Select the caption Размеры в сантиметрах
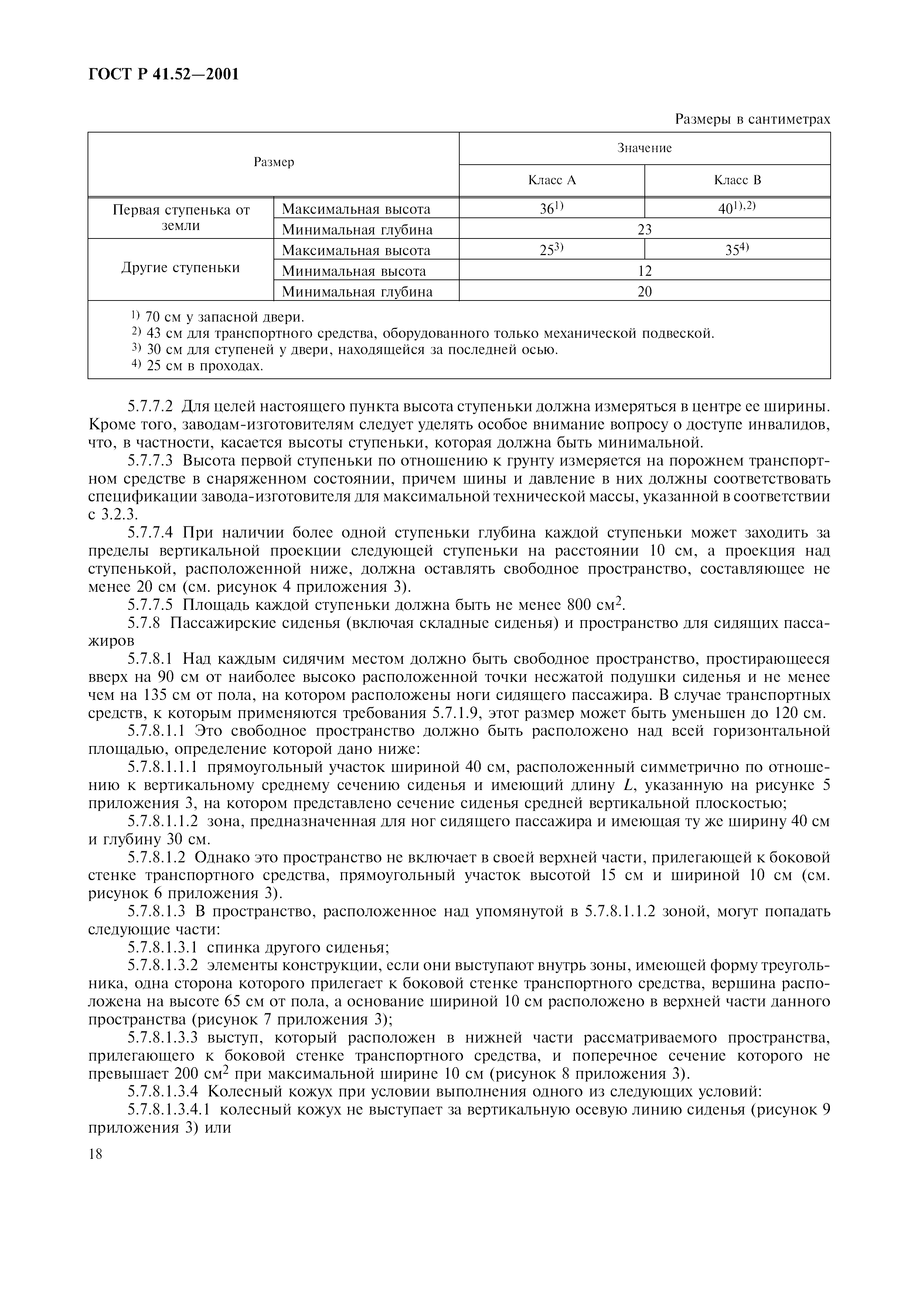[752, 120]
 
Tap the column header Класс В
[737, 181]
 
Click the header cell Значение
[644, 148]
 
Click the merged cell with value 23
[644, 230]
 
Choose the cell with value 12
[644, 271]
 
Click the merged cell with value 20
[644, 292]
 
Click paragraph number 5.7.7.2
[150, 407]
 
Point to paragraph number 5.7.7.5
[150, 605]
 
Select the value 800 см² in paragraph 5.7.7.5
[593, 605]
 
